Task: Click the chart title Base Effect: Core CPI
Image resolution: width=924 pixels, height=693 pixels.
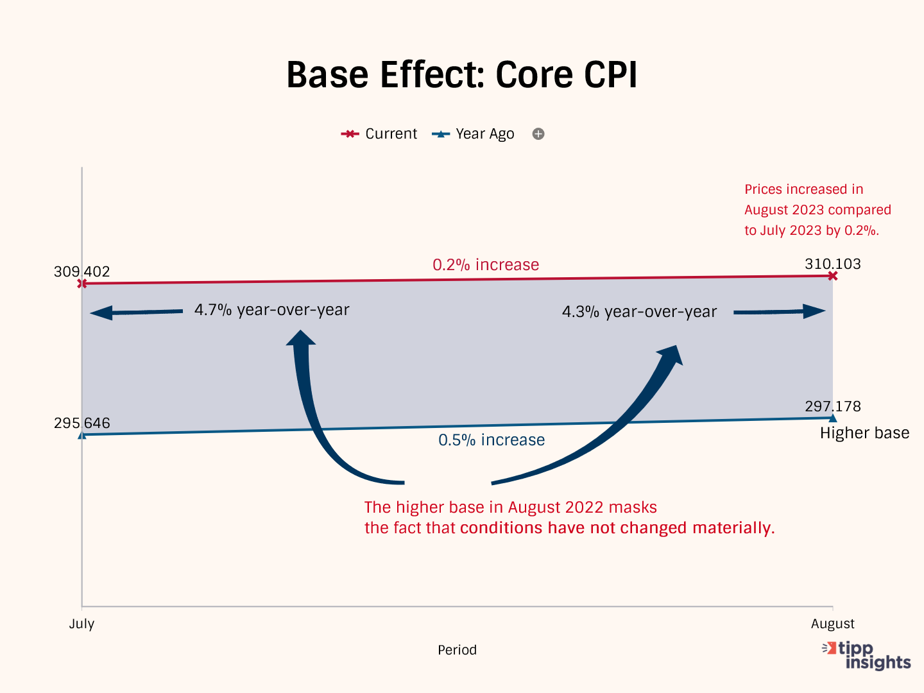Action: click(x=461, y=75)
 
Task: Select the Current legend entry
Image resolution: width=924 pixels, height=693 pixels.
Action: click(x=379, y=134)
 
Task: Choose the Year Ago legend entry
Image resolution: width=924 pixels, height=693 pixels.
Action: click(x=474, y=134)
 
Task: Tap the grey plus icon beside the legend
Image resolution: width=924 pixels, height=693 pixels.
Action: click(x=538, y=134)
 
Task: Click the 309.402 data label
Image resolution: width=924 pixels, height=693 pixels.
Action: click(x=81, y=271)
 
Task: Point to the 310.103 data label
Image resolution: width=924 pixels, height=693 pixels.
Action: click(x=832, y=264)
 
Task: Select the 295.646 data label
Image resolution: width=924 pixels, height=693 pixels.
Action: click(x=81, y=424)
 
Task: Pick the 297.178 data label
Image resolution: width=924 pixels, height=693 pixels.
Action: click(x=832, y=406)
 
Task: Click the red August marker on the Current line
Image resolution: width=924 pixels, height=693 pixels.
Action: click(x=833, y=276)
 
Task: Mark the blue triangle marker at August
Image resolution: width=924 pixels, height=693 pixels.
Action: click(x=833, y=418)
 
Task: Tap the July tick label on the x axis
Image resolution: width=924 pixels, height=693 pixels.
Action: click(x=81, y=624)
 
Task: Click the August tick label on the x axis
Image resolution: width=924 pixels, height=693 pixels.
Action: click(x=832, y=624)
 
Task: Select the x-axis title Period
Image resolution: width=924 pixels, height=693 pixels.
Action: click(x=457, y=650)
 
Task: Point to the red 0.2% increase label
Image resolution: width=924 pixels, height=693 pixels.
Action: click(x=486, y=265)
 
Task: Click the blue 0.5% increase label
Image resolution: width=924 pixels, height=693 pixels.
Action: click(x=492, y=440)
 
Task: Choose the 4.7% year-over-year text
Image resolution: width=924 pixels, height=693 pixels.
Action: click(x=272, y=310)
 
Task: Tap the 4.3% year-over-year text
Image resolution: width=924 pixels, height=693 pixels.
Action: click(x=639, y=312)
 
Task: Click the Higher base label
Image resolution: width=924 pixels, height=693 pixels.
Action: click(x=864, y=433)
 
